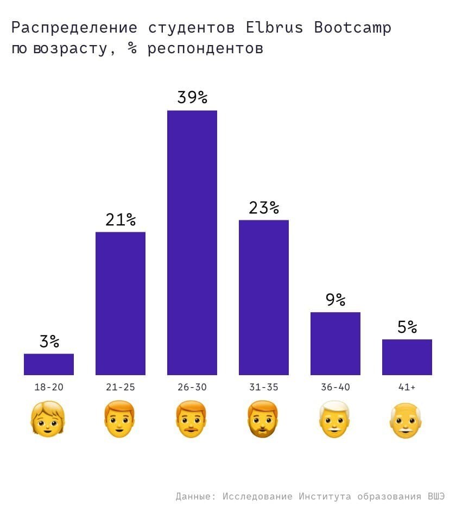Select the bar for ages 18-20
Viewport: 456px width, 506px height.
tap(49, 364)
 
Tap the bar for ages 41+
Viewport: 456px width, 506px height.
tap(407, 357)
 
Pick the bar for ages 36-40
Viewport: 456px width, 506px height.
tap(335, 344)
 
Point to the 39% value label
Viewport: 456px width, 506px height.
tap(192, 98)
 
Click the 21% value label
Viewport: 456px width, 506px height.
tap(121, 220)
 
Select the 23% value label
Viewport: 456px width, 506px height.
tap(264, 208)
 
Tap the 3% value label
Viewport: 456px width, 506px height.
tap(49, 341)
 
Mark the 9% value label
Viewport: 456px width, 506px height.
tap(335, 300)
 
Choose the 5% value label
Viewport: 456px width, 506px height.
tap(407, 327)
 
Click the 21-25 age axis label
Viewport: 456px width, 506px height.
tap(121, 388)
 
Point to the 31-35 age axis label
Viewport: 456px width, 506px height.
tap(264, 388)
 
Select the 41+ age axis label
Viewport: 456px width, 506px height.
tap(407, 388)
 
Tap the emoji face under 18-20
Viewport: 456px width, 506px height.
tap(48, 420)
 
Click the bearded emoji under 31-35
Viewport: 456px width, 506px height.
tap(263, 420)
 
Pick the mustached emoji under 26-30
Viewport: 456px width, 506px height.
tap(192, 420)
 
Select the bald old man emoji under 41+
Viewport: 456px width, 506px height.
tap(407, 420)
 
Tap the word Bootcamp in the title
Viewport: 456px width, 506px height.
tap(353, 28)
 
